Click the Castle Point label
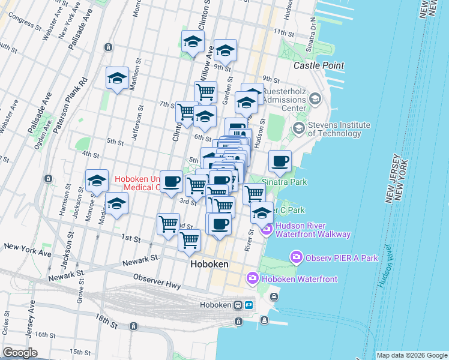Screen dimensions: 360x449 (318, 65)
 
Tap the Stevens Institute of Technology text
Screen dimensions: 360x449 (340, 129)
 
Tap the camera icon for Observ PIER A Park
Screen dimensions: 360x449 (296, 258)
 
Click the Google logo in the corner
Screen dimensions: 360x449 (20, 353)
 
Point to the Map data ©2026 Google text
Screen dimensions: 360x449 (411, 355)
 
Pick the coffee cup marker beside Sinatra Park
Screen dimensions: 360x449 (280, 161)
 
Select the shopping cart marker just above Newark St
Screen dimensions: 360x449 (190, 239)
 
